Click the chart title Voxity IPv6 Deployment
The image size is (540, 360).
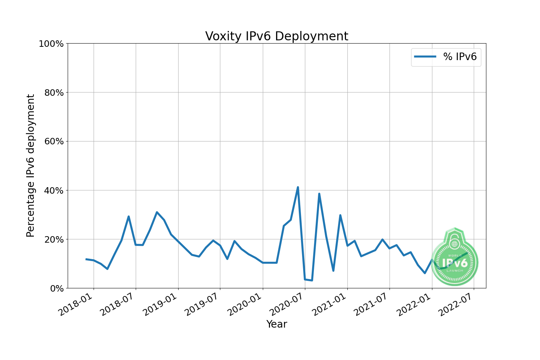(276, 36)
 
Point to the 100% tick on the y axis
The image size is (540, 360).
(51, 44)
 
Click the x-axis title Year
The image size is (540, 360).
(276, 324)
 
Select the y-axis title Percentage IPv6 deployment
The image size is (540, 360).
(31, 166)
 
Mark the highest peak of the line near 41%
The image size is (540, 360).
(298, 187)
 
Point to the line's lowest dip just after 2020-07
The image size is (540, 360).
(312, 280)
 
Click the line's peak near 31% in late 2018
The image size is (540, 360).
(157, 212)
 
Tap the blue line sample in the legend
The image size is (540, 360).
(425, 57)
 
